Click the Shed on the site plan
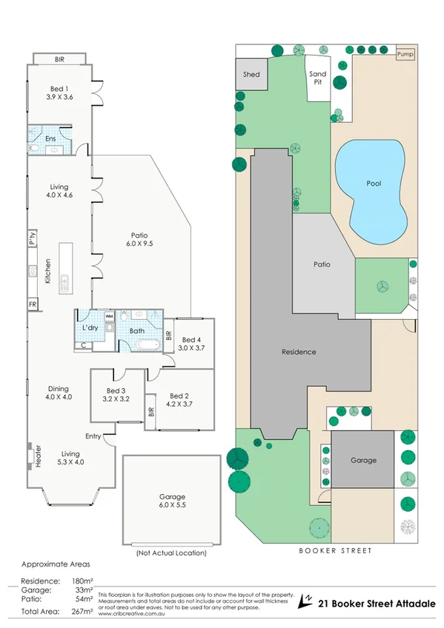click(x=251, y=75)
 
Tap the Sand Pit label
click(x=317, y=78)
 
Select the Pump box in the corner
click(x=405, y=55)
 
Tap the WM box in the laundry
click(x=109, y=316)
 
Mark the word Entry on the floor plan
click(x=93, y=436)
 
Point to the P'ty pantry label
click(x=33, y=238)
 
